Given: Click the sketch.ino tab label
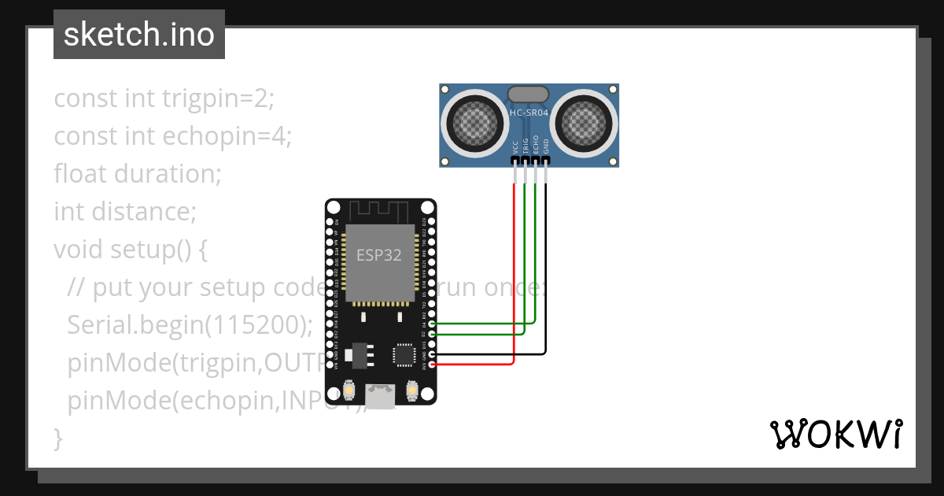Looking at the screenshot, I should (138, 35).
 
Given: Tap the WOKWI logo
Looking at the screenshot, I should (835, 434).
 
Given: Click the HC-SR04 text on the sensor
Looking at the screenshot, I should (529, 113).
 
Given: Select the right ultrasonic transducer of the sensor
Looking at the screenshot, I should (583, 122).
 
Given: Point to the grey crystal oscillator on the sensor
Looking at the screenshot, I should (529, 94).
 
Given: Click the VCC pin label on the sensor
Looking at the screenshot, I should (515, 146).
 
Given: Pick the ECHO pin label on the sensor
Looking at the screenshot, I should (536, 144).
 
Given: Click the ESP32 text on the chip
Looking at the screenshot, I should (379, 255).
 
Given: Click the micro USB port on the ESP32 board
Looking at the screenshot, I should (382, 395).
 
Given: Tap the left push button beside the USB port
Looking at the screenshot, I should (351, 390).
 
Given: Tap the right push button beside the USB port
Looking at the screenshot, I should (411, 390).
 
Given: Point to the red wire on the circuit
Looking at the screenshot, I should (514, 276).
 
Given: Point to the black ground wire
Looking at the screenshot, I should (545, 276).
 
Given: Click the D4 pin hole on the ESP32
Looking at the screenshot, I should (430, 324).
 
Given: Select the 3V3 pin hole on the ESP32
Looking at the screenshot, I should (430, 365).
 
